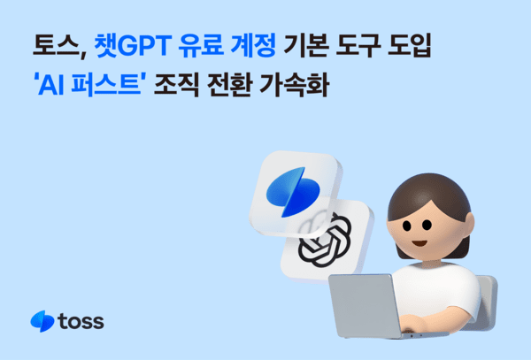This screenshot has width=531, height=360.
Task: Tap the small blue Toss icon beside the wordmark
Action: tap(40, 320)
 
